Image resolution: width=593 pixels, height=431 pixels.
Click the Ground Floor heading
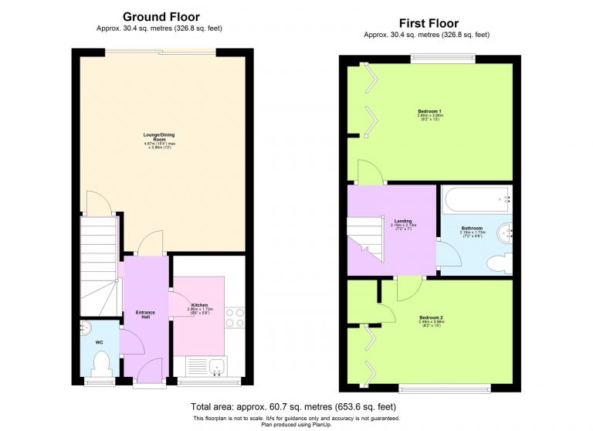click(161, 17)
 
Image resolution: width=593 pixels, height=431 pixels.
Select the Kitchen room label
click(198, 309)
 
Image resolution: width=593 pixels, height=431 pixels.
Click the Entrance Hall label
click(145, 314)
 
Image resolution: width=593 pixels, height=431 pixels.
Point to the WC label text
click(99, 341)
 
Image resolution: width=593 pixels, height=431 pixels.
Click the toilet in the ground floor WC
click(100, 362)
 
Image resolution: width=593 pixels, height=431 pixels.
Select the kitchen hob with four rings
click(235, 318)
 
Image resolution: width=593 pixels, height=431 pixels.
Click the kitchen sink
click(208, 367)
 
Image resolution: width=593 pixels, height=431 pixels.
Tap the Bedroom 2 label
click(431, 319)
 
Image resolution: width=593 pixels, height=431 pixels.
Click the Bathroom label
click(472, 229)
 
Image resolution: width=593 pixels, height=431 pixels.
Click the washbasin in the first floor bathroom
click(504, 231)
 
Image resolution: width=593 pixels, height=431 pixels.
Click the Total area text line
click(293, 406)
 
